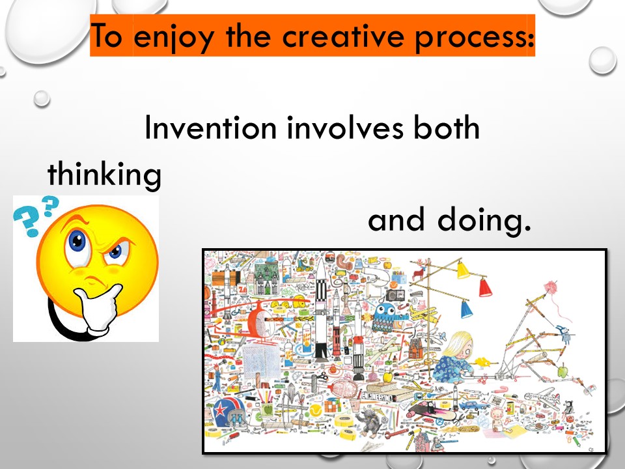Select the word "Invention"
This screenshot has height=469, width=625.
pyautogui.click(x=210, y=128)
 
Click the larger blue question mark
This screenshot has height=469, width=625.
pyautogui.click(x=24, y=221)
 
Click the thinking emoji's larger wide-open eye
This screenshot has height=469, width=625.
pyautogui.click(x=77, y=243)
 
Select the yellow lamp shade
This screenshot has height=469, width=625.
pyautogui.click(x=463, y=270)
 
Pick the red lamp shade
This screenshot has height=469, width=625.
pyautogui.click(x=484, y=288)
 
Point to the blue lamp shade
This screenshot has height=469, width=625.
pyautogui.click(x=466, y=309)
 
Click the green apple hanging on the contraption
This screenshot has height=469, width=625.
pyautogui.click(x=562, y=371)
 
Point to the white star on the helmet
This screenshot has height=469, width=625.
pyautogui.click(x=219, y=410)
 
